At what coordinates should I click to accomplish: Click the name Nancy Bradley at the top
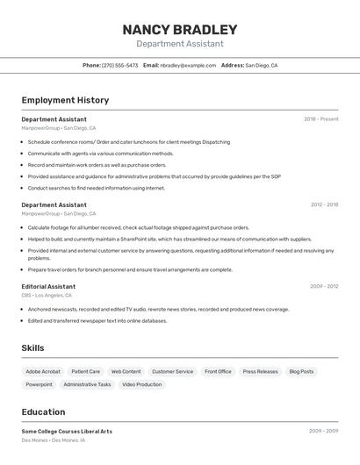180,30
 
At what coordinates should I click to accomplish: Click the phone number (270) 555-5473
119,65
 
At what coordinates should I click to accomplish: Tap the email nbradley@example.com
188,65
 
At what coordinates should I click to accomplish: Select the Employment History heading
65,100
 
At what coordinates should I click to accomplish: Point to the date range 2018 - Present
320,118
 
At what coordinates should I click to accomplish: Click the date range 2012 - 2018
324,204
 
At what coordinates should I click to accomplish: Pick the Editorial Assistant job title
48,286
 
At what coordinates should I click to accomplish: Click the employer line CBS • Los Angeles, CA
47,295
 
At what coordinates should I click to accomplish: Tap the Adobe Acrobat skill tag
43,371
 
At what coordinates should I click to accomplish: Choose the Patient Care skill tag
86,371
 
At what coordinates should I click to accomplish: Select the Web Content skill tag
126,371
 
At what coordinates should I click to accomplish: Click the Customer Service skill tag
172,371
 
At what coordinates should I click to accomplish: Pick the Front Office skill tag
218,371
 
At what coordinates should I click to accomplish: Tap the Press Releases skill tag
260,371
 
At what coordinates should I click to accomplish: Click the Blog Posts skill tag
301,371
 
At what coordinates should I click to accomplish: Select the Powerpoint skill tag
39,384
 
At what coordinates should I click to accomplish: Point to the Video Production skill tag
141,384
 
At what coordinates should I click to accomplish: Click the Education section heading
43,411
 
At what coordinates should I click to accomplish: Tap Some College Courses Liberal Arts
67,431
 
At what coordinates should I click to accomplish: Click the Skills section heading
32,348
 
